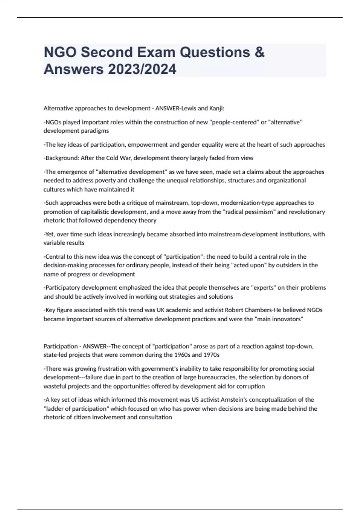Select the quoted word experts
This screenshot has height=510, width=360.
pos(263,288)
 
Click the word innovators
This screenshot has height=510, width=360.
pos(285,319)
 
